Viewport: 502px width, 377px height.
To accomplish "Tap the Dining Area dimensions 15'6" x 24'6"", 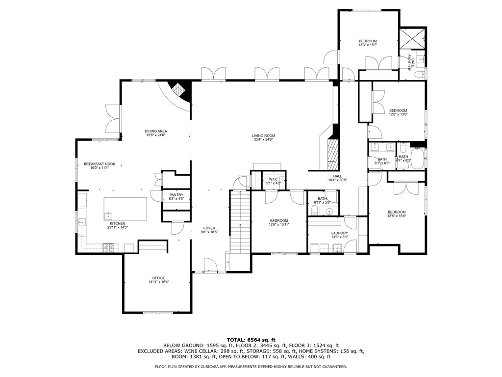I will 156,135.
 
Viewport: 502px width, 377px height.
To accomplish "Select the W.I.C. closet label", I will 273,180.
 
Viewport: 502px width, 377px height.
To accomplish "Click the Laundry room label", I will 339,233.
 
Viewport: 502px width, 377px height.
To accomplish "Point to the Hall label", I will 337,176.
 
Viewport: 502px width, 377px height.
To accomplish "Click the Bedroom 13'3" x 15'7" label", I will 368,41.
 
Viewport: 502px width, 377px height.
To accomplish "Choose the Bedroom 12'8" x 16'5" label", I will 397,212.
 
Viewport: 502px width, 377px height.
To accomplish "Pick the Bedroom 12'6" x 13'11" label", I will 278,221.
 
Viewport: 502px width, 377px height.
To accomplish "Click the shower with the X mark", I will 411,38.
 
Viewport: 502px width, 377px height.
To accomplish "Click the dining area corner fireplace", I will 180,91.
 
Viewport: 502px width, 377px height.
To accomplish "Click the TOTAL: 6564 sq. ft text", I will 251,340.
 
